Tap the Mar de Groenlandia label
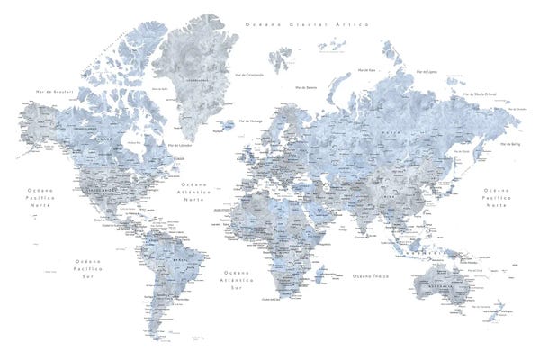[247, 74]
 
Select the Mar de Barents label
[305, 88]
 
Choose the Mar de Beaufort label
[52, 92]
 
